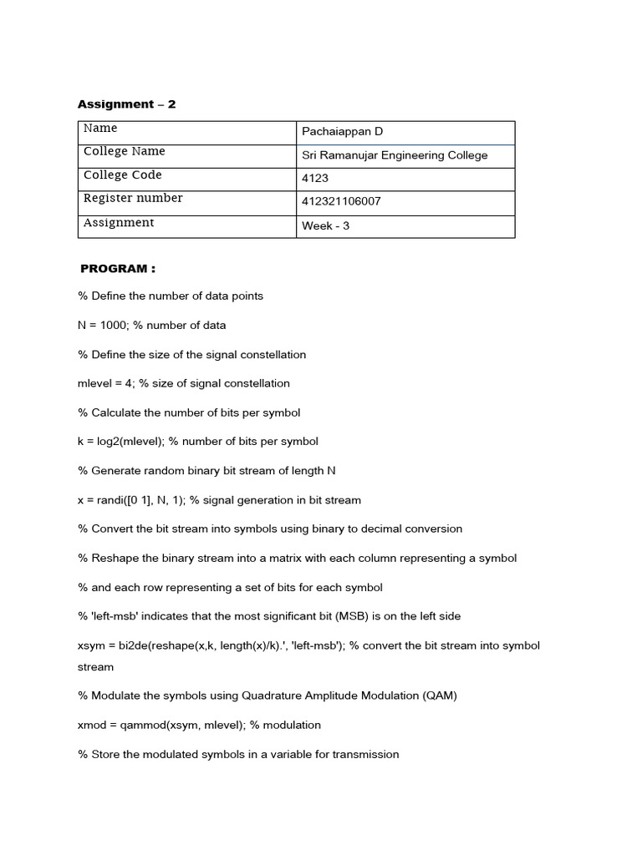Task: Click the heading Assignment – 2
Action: click(x=127, y=104)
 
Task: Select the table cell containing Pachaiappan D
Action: click(x=342, y=132)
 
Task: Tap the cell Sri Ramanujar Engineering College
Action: click(x=394, y=155)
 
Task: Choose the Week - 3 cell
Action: click(x=325, y=225)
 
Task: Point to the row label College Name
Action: click(x=124, y=151)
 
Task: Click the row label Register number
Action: click(x=132, y=198)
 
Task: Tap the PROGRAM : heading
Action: click(x=118, y=269)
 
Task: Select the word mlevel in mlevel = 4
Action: click(x=94, y=383)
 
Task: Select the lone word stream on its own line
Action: click(x=95, y=667)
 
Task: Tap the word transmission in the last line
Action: click(x=365, y=754)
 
